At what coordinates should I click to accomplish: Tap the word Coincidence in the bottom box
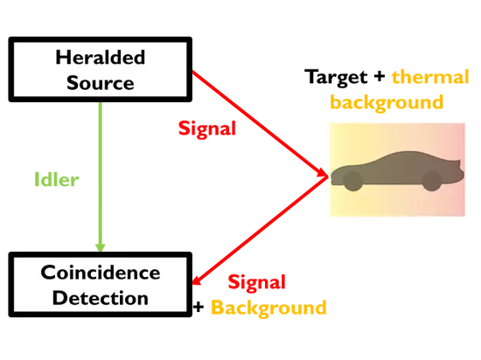point(101,273)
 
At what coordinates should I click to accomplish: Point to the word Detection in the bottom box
point(101,297)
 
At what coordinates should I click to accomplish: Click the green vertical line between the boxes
point(101,166)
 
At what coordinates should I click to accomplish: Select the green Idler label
point(56,181)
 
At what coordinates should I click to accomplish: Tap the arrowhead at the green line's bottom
point(101,243)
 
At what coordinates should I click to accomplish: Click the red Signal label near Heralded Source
point(206,129)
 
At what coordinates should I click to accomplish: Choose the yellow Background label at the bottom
point(268,307)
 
